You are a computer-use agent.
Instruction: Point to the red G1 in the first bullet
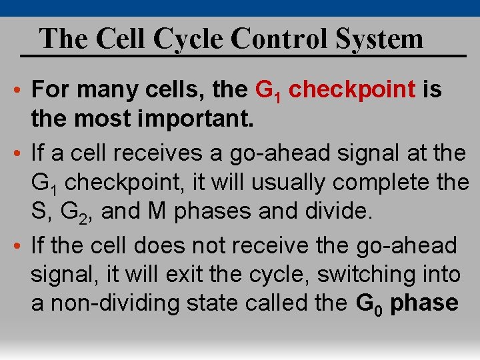tap(269, 91)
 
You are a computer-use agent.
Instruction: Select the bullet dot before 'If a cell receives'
tap(22, 153)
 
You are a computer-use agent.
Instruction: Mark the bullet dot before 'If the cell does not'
tap(22, 246)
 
